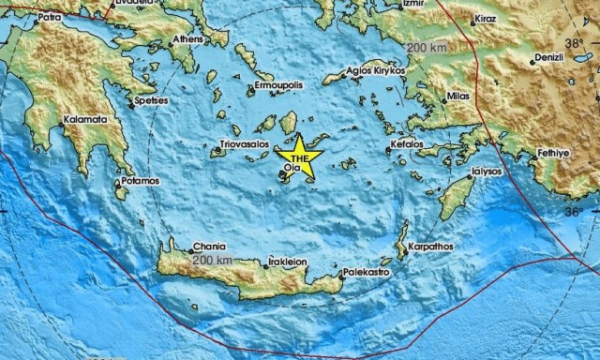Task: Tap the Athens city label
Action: (188, 40)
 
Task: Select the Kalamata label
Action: (83, 120)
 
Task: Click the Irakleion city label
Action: (287, 262)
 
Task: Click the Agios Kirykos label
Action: (375, 69)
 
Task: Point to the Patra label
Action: (50, 17)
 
